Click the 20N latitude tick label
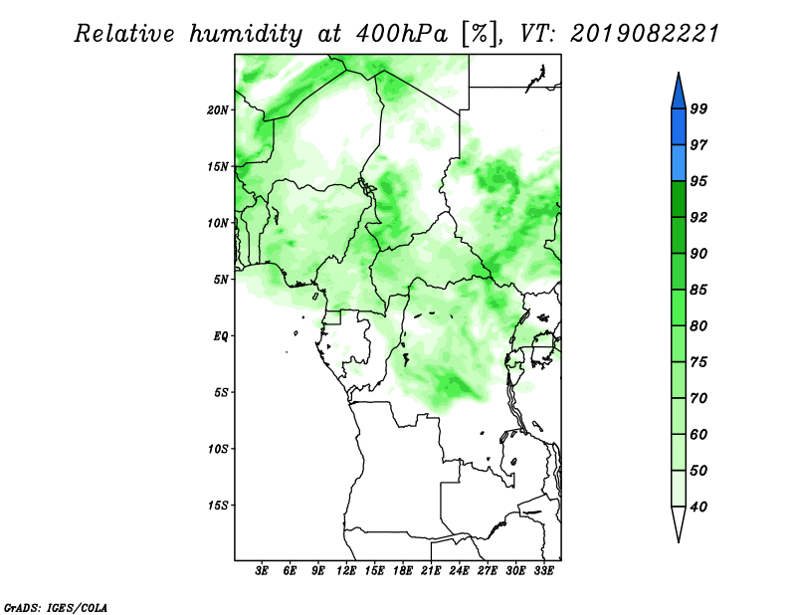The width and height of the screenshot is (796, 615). [217, 109]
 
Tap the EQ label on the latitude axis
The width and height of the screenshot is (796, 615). [221, 336]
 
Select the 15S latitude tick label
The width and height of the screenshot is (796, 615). [217, 506]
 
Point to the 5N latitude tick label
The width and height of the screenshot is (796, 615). [221, 280]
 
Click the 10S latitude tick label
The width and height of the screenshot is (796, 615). [217, 449]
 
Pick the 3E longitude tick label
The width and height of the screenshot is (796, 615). [261, 570]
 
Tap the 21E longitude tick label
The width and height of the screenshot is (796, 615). [431, 570]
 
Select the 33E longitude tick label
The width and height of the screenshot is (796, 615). [543, 570]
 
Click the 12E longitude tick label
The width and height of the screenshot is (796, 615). [345, 570]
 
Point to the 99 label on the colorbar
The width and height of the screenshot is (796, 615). [698, 108]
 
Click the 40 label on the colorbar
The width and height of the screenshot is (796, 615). [698, 507]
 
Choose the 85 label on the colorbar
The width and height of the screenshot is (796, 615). [698, 290]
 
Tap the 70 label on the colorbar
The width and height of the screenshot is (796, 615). [698, 398]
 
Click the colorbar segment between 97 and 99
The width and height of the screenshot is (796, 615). [679, 127]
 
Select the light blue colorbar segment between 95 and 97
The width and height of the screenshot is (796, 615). [679, 163]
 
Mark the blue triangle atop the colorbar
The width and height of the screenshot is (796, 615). [679, 92]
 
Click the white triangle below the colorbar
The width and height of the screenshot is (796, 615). [679, 524]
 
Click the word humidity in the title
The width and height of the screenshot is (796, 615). [246, 34]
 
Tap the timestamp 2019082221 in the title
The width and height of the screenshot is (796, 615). [645, 34]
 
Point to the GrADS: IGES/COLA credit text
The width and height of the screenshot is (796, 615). [56, 607]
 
